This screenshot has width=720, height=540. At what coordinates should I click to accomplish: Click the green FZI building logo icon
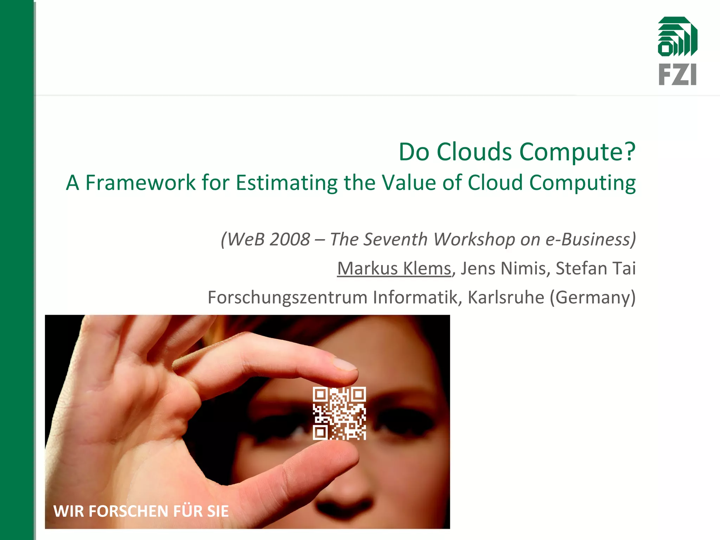[x=677, y=37]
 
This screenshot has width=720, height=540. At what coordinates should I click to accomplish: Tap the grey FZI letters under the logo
[x=677, y=74]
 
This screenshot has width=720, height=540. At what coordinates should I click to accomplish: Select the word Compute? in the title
[x=578, y=152]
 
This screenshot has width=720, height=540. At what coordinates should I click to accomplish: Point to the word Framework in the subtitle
[x=140, y=183]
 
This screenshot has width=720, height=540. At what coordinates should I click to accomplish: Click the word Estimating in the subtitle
[x=286, y=183]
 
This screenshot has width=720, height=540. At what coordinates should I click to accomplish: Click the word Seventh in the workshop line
[x=395, y=239]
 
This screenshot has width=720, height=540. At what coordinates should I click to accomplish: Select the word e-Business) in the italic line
[x=591, y=239]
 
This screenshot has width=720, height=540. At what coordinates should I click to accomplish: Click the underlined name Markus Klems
[x=394, y=268]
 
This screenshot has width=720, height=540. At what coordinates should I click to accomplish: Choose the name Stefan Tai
[x=596, y=268]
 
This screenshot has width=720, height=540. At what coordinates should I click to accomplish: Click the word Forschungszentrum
[x=288, y=297]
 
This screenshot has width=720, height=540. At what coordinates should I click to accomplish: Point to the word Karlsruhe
[x=506, y=297]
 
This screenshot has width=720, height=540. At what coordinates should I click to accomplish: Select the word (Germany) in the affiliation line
[x=593, y=297]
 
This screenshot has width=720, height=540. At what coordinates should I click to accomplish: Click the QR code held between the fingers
[x=339, y=413]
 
